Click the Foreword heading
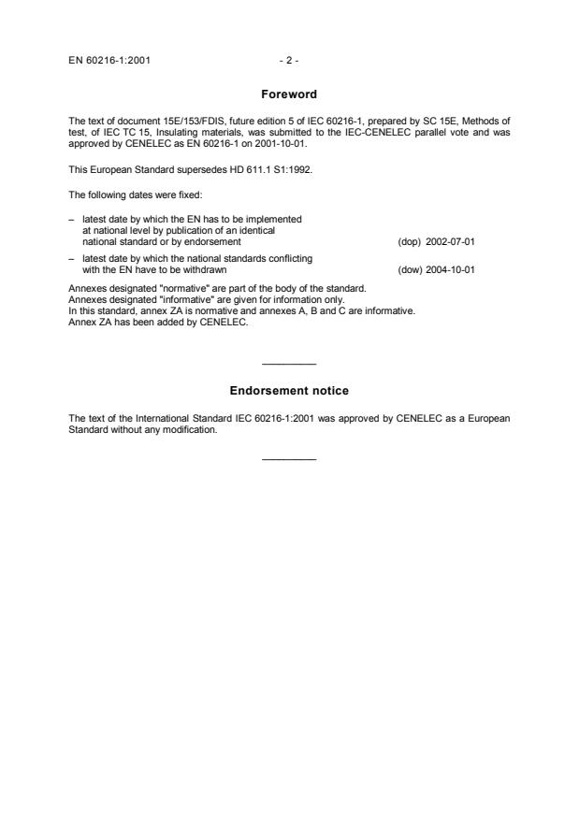(289, 94)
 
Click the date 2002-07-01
(450, 241)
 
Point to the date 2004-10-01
(450, 269)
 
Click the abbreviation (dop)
(409, 241)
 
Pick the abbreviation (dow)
(409, 269)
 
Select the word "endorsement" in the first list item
(216, 241)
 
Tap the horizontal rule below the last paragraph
(289, 458)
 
